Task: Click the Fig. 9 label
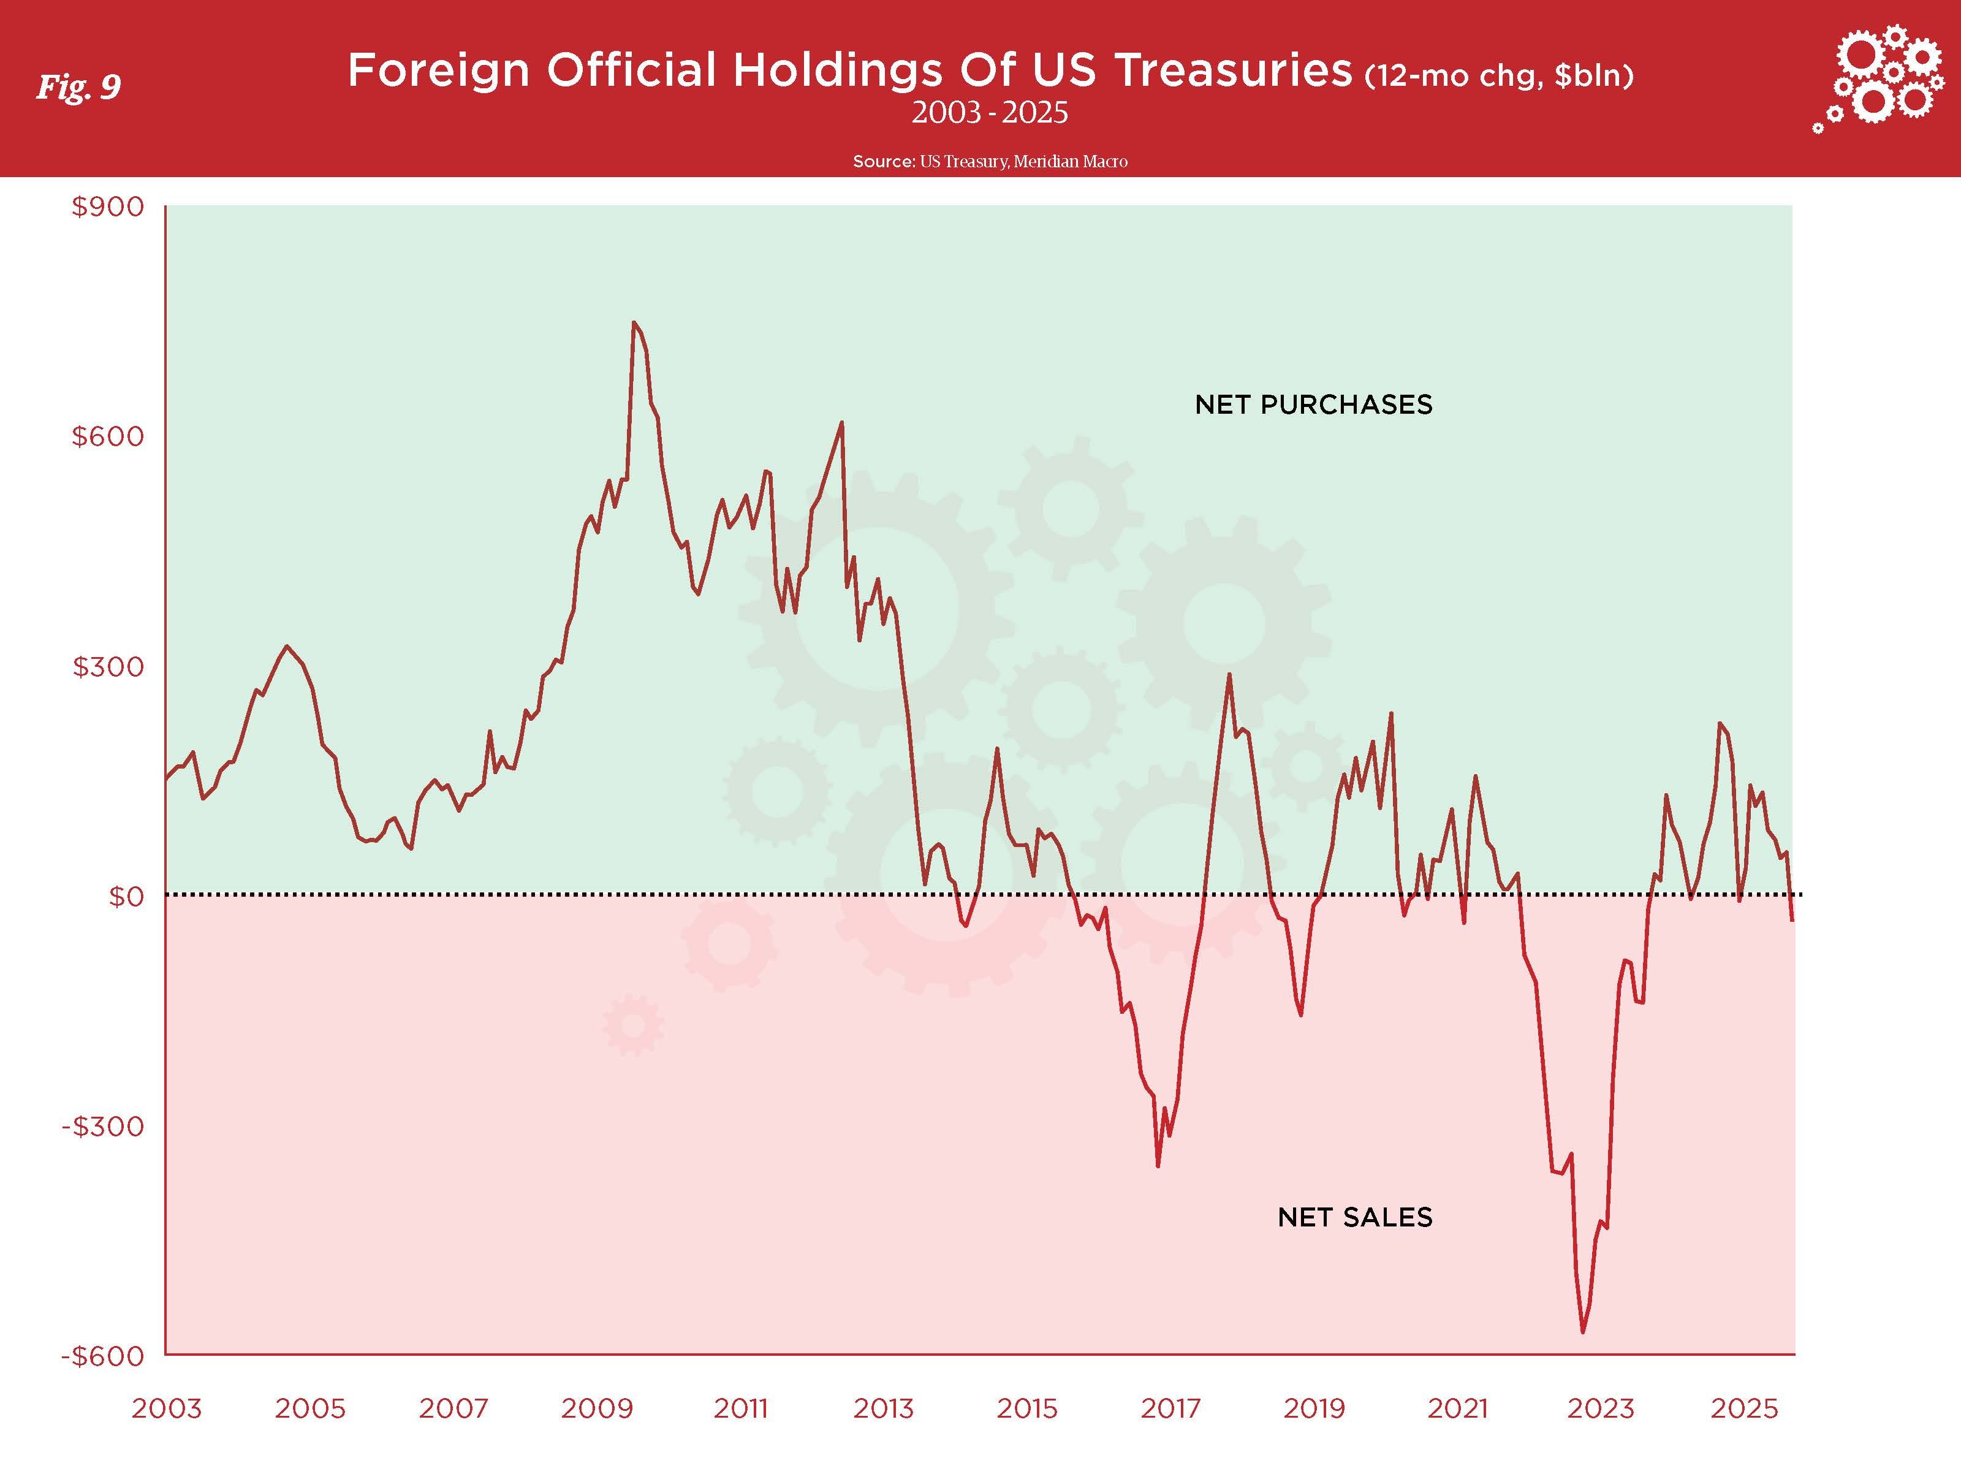[x=78, y=87]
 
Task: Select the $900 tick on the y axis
[x=107, y=207]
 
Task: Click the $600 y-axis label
[x=107, y=436]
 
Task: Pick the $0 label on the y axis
[x=125, y=897]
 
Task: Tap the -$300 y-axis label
[x=102, y=1126]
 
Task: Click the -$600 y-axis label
[x=102, y=1356]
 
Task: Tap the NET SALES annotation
[x=1354, y=1217]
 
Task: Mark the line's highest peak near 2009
[x=634, y=323]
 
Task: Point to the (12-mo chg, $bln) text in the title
[x=1499, y=76]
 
